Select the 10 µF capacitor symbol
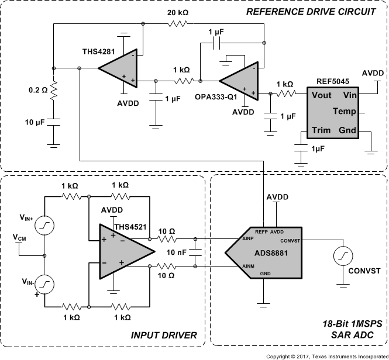click(53, 123)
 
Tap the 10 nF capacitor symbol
click(195, 252)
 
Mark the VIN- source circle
click(44, 284)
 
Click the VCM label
click(19, 238)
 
